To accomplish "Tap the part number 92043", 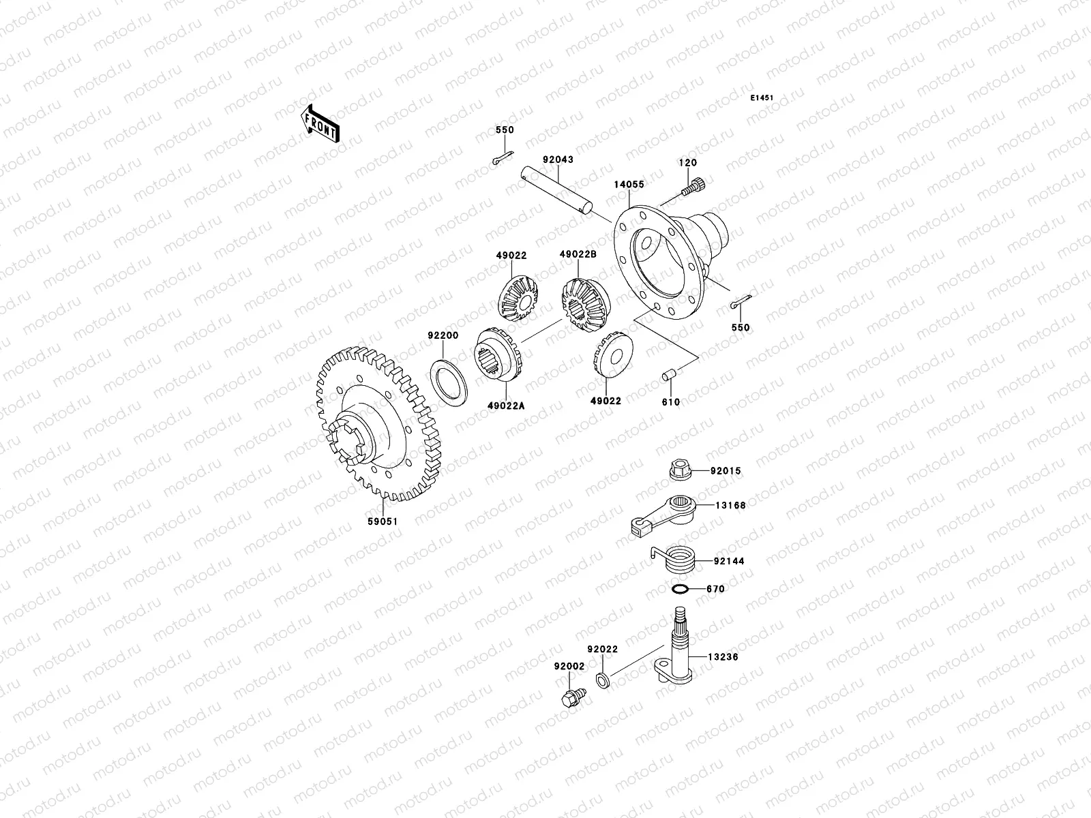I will click(x=558, y=160).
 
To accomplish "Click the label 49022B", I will click(x=578, y=254).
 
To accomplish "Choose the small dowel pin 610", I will click(x=669, y=376).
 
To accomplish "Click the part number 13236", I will click(x=723, y=657).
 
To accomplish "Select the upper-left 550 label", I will click(x=505, y=130).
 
